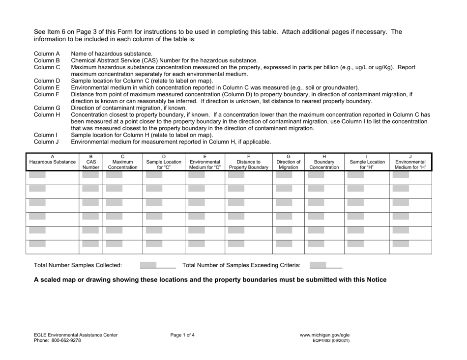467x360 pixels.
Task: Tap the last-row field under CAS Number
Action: [x=90, y=244]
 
